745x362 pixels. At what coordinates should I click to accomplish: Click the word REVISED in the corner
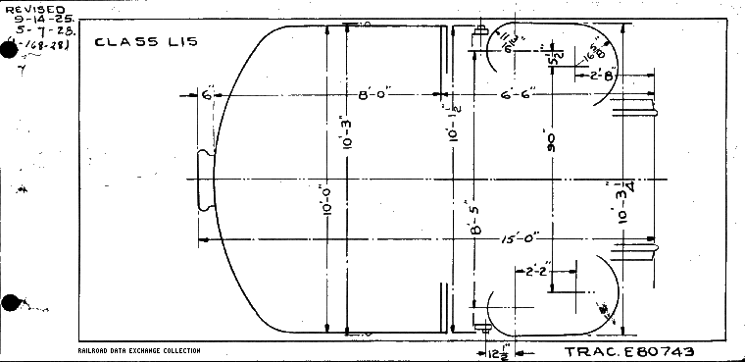(34, 9)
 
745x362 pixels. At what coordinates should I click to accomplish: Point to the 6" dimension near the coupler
(207, 95)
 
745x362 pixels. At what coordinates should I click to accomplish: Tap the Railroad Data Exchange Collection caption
(138, 350)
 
